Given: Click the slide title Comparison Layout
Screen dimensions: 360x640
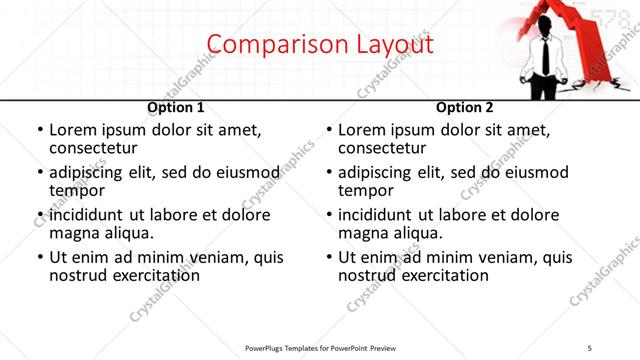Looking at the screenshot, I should [320, 45].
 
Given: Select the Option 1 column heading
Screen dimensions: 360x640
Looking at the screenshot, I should [175, 107].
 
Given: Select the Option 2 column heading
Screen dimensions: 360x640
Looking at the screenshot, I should [464, 107].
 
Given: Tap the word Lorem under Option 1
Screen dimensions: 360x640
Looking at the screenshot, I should [74, 130].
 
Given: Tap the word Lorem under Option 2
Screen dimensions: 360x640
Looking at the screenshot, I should [363, 130].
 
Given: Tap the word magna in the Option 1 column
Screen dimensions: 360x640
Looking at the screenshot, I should [74, 233].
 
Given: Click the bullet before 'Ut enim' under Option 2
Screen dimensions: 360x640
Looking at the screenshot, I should [330, 257].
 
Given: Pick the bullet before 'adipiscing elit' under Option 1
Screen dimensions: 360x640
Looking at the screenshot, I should [40, 173].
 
